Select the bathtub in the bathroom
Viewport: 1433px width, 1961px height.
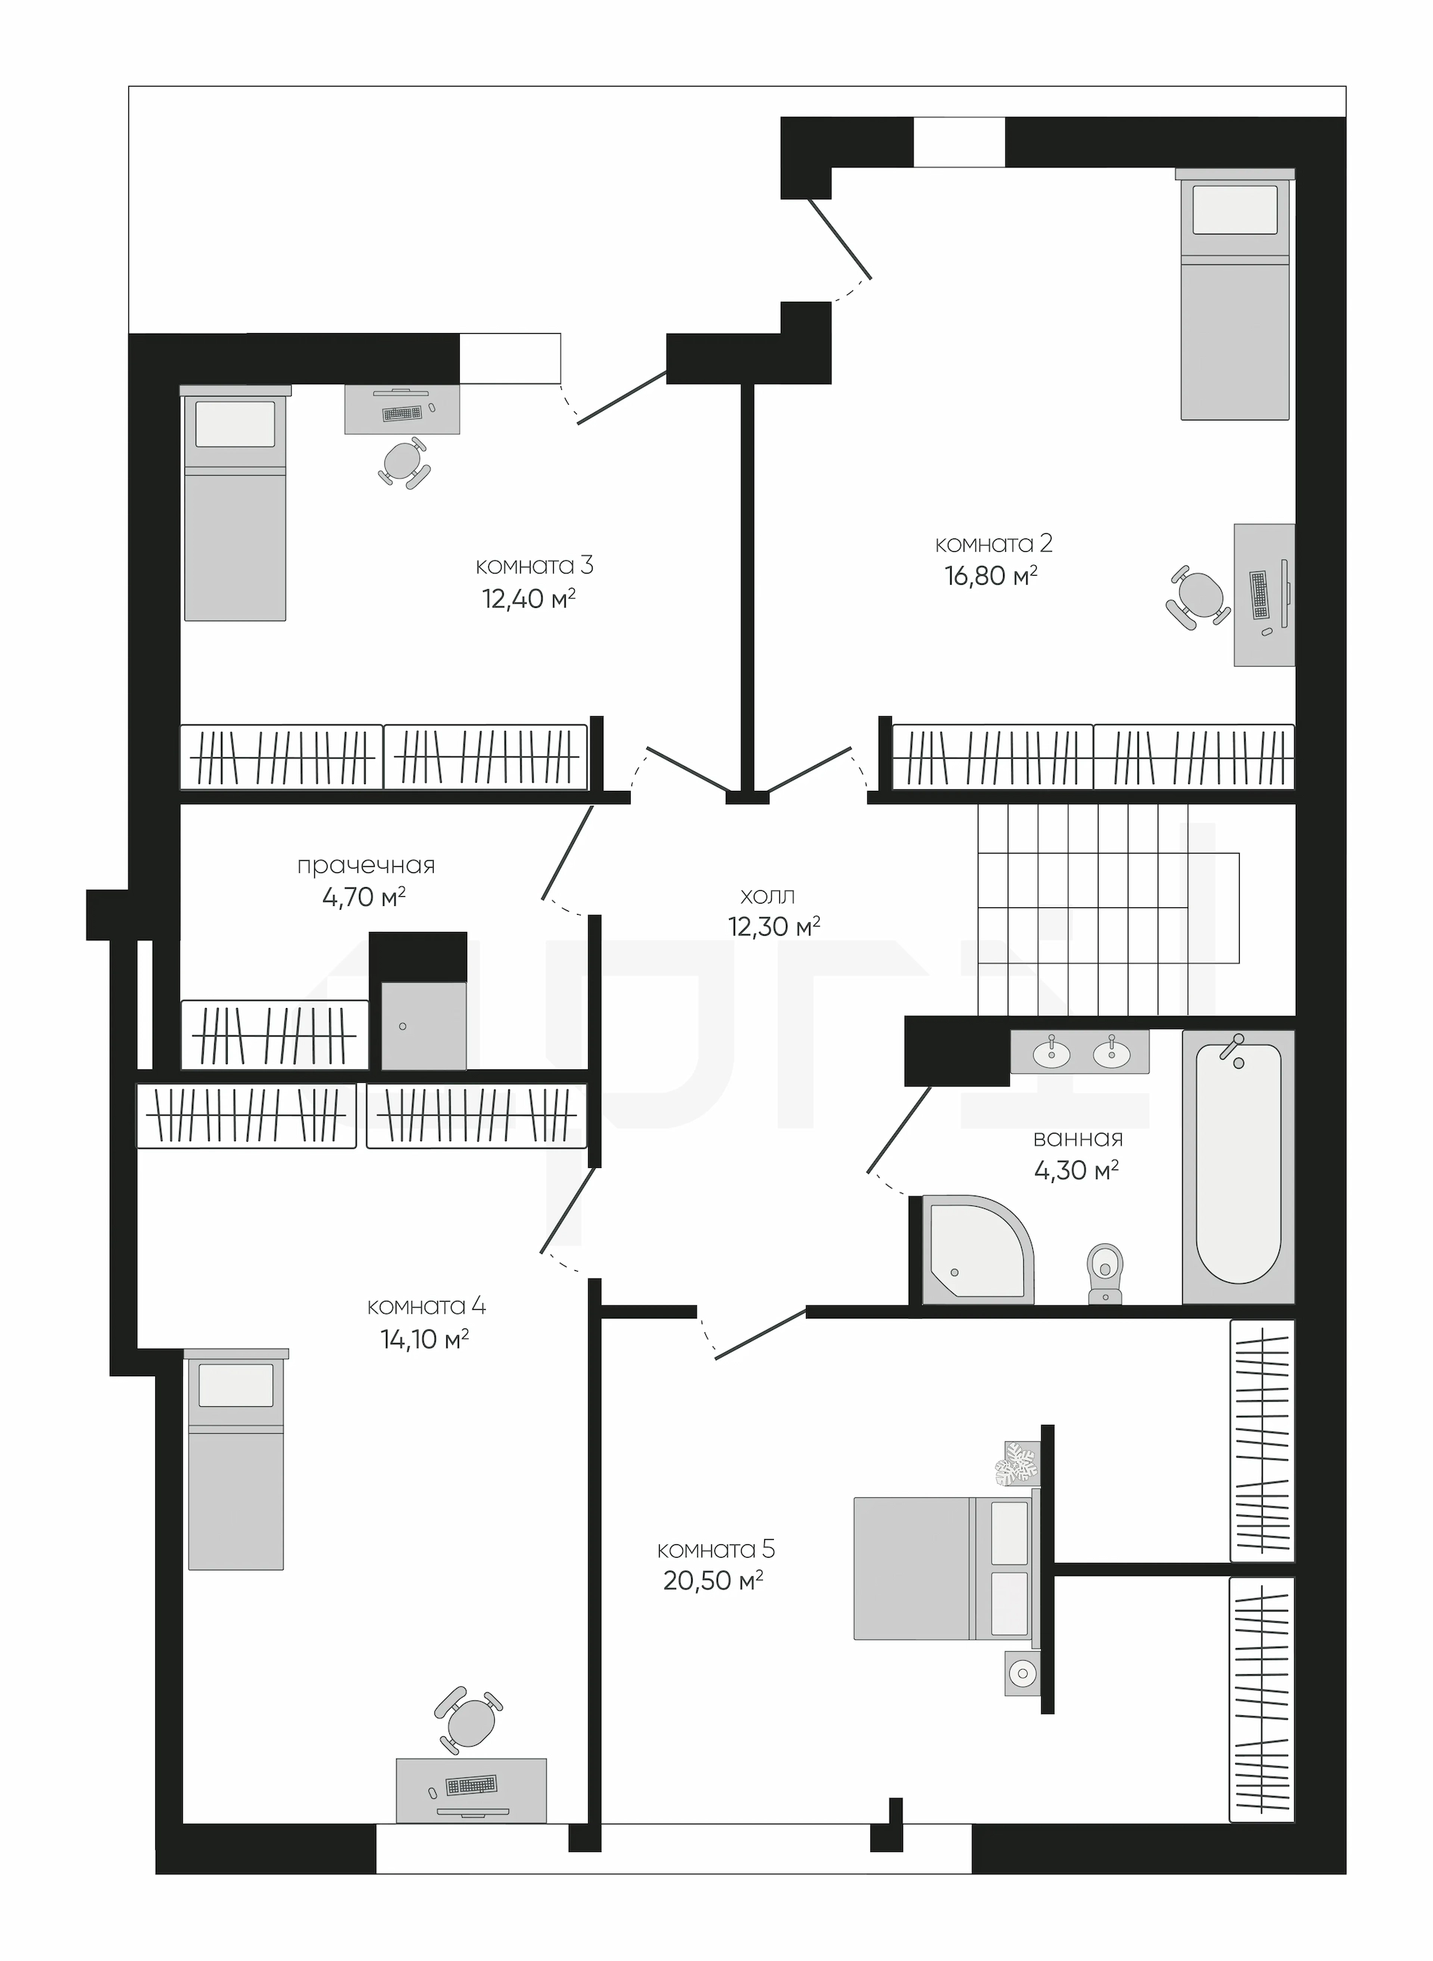point(1237,1167)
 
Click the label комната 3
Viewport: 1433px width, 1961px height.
point(534,567)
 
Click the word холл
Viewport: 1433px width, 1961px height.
point(768,895)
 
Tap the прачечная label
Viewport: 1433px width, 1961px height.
point(365,866)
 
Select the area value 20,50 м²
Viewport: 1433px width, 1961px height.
point(713,1580)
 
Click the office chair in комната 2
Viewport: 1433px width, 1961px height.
point(1199,596)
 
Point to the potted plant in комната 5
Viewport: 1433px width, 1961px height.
point(1017,1464)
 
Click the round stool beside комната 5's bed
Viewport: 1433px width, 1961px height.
point(1023,1672)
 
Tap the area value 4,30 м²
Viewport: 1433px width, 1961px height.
point(1076,1170)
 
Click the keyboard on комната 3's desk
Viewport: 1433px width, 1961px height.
point(402,413)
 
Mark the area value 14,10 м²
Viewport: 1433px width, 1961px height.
point(425,1339)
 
